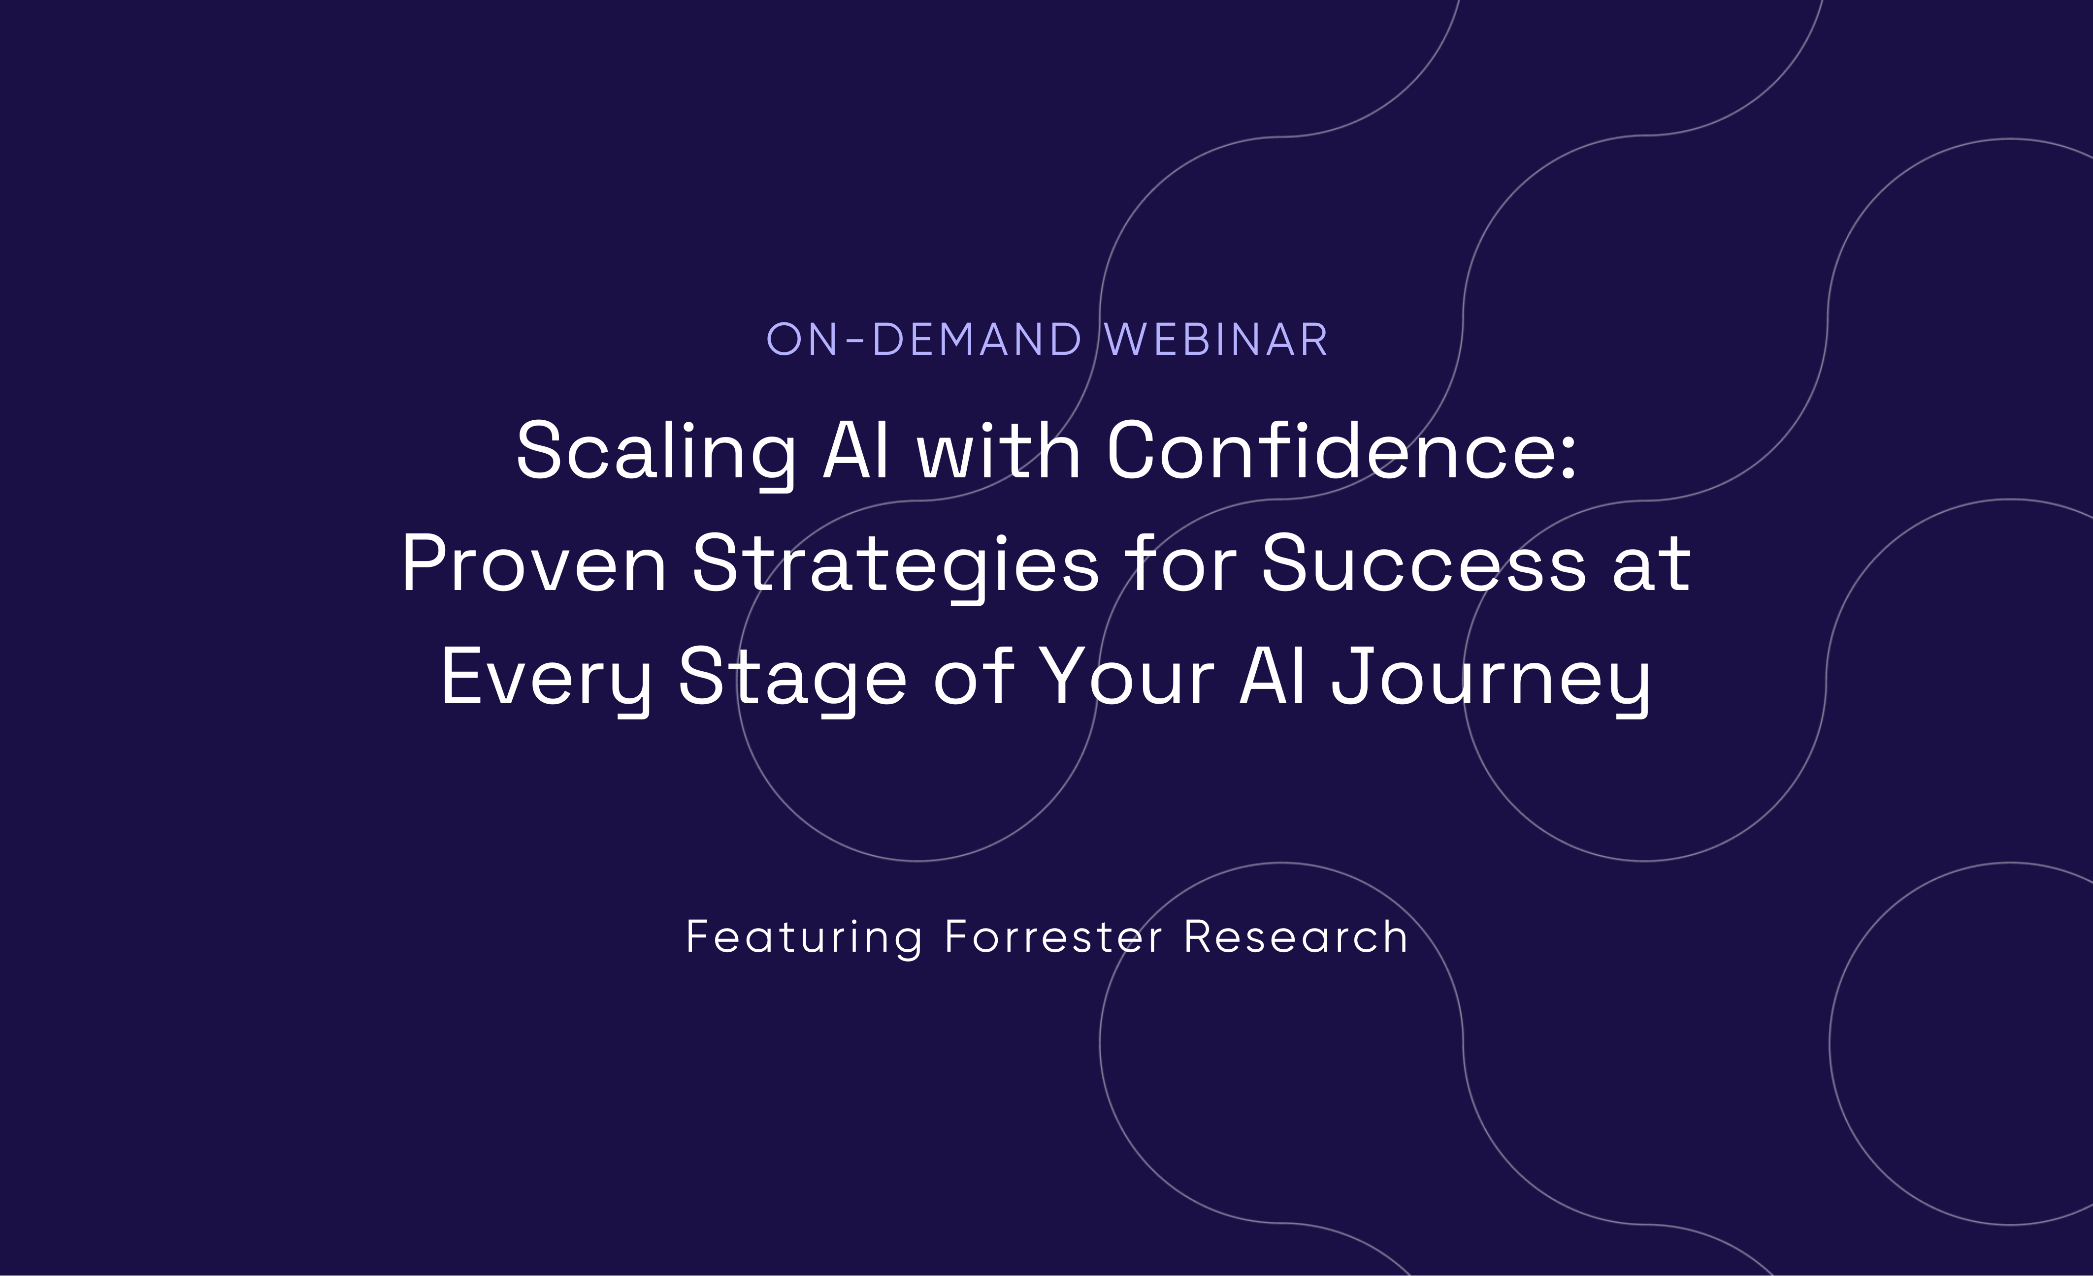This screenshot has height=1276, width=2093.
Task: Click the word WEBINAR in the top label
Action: click(1216, 340)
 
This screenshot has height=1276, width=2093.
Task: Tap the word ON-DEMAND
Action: click(924, 340)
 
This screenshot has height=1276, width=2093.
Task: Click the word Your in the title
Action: click(1127, 677)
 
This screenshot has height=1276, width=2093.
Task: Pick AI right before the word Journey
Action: click(1273, 677)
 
